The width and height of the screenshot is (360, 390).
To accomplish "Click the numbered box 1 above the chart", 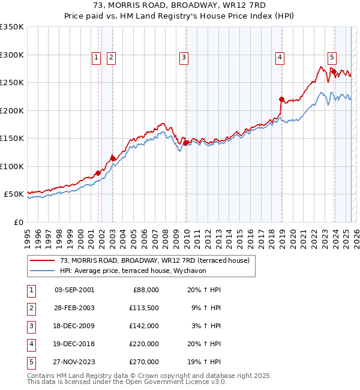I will (97, 58).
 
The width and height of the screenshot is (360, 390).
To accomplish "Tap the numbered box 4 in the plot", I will (280, 58).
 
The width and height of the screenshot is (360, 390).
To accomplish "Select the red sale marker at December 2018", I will (281, 99).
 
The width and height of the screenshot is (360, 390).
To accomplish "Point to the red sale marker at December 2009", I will (186, 143).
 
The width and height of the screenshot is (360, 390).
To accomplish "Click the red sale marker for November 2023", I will (334, 71).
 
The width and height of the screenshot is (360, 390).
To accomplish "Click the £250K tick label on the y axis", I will (12, 83).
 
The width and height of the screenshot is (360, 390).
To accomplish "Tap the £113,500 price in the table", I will (145, 308).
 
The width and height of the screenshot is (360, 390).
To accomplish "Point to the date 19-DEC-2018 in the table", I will (74, 344).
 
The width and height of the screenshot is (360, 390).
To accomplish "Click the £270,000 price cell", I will (145, 362).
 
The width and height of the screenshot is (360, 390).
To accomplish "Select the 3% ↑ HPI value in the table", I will (208, 326).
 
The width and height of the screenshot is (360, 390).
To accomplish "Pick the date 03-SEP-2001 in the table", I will (74, 290).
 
